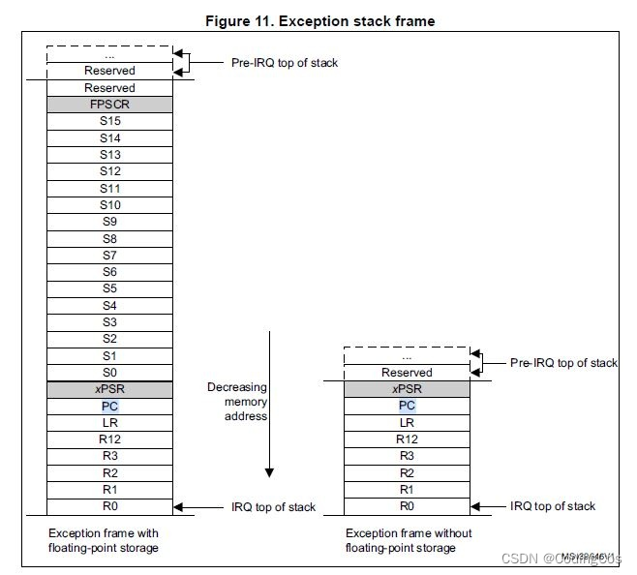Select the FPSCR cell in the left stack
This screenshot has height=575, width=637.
[x=109, y=105]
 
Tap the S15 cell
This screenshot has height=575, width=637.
[x=109, y=121]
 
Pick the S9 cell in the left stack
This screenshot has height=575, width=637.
[x=109, y=221]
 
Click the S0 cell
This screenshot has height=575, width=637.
[x=109, y=372]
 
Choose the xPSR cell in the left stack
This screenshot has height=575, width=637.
[x=109, y=388]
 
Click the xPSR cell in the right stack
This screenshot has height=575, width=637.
[x=407, y=388]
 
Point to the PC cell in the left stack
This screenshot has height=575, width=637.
[x=109, y=406]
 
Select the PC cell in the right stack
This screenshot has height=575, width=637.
[x=407, y=406]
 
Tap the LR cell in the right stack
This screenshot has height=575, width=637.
[x=407, y=422]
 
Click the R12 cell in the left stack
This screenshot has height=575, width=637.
[x=109, y=439]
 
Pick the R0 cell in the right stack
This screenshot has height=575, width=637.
[x=407, y=505]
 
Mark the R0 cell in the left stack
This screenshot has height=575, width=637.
[x=109, y=505]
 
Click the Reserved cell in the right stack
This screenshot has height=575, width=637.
[x=407, y=372]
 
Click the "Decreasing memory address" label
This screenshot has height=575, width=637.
[x=237, y=402]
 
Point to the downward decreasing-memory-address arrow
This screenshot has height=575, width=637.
[x=270, y=407]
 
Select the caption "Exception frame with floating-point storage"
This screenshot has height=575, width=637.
[x=104, y=541]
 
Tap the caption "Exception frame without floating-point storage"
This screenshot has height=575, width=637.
[x=409, y=541]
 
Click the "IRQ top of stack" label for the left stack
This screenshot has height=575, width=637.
[x=273, y=506]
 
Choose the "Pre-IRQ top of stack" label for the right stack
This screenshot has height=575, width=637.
[x=563, y=363]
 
